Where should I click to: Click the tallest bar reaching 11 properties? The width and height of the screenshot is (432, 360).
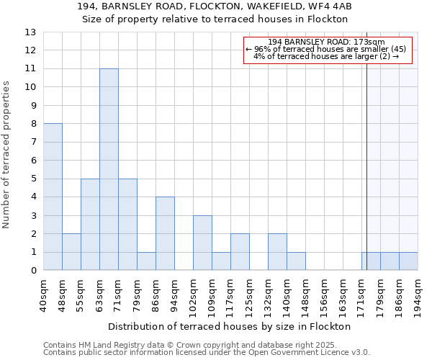[x=109, y=169]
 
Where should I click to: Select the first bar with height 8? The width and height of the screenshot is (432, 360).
[x=53, y=197]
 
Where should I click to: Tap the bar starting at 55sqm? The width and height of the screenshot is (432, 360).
[x=90, y=224]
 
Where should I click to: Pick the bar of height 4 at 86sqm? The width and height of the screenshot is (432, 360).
[x=165, y=233]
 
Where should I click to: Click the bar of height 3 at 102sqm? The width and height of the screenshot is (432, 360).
[x=202, y=243]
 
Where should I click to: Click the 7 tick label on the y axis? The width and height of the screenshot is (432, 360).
[x=33, y=142]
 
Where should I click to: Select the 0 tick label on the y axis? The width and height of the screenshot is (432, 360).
[x=33, y=270]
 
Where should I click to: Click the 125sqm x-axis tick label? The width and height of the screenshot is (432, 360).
[x=250, y=295]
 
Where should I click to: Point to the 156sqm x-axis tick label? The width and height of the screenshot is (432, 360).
[x=325, y=295]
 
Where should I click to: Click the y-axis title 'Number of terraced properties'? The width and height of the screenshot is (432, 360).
[x=7, y=155]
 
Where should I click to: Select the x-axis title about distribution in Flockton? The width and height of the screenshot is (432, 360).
[x=230, y=326]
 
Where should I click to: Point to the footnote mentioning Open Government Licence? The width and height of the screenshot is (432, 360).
[x=207, y=353]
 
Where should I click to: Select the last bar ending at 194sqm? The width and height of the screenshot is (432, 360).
[x=408, y=261]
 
